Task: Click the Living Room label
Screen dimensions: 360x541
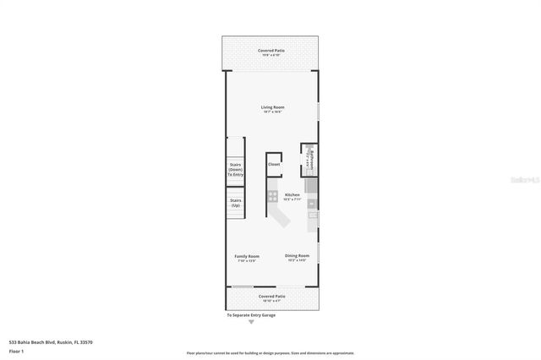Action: pos(271,107)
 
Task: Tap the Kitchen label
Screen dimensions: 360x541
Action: pos(292,194)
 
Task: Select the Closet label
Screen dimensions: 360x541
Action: pos(274,164)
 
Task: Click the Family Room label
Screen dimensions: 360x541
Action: pos(247,256)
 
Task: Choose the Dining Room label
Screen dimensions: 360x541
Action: pos(297,255)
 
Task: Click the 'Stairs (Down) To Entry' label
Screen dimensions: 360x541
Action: pos(235,170)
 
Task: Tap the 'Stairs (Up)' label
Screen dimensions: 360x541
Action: pos(235,204)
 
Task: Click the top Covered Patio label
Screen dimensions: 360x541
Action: pos(270,51)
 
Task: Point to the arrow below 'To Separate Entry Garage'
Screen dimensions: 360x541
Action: pos(250,321)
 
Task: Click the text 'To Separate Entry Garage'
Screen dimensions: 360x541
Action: pos(250,314)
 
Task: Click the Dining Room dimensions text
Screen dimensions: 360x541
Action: pos(297,260)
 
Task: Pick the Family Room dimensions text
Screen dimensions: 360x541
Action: pos(247,261)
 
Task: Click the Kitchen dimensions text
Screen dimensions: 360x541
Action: pos(292,199)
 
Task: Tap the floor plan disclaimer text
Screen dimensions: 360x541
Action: pos(270,352)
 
